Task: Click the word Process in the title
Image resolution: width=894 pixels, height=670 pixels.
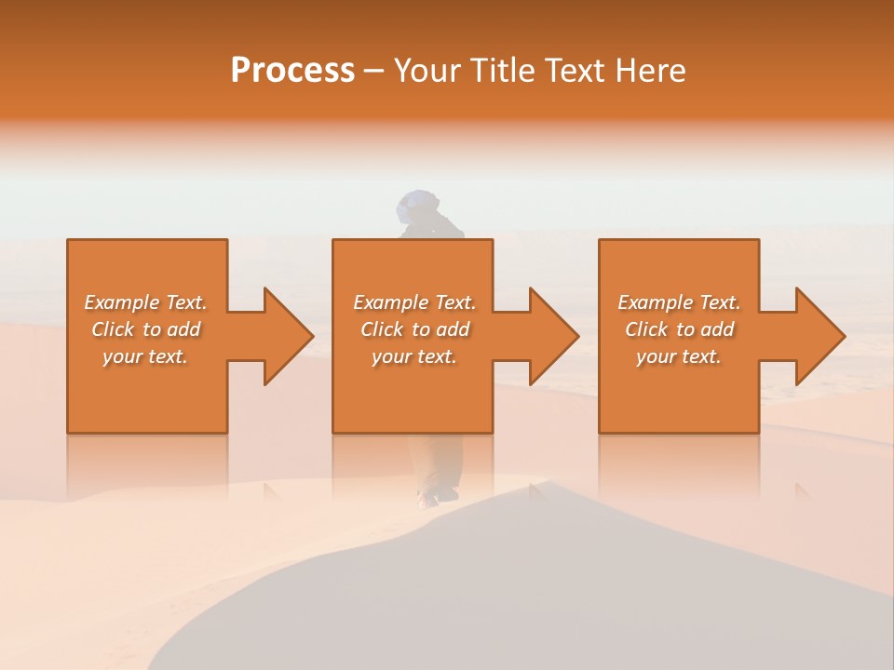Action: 292,71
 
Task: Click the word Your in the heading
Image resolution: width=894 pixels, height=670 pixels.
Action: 428,71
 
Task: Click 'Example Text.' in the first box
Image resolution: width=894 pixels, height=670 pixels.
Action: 145,302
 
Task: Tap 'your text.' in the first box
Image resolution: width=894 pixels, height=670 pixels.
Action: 145,356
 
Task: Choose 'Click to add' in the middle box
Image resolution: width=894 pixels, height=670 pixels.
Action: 414,329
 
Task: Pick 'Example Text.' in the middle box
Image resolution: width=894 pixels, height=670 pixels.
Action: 414,302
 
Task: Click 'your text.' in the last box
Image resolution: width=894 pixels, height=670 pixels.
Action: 679,356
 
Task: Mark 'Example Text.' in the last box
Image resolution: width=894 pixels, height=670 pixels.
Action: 679,302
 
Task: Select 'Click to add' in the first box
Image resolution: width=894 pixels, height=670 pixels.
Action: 145,329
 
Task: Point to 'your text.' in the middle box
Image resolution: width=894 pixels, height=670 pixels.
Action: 414,356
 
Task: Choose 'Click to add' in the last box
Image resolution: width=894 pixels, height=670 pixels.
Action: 679,329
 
